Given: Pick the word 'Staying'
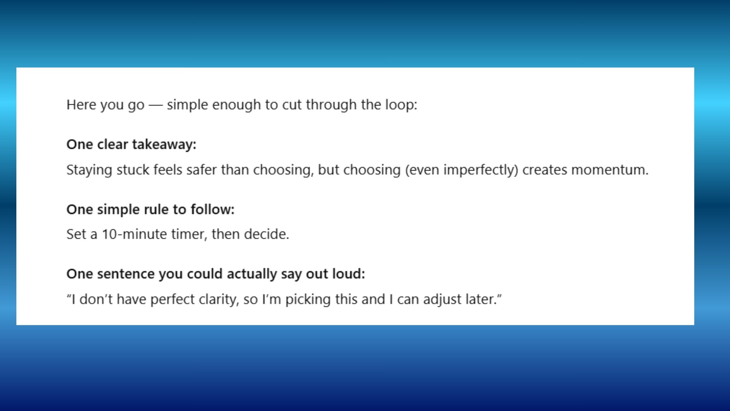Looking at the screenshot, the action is point(89,170).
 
